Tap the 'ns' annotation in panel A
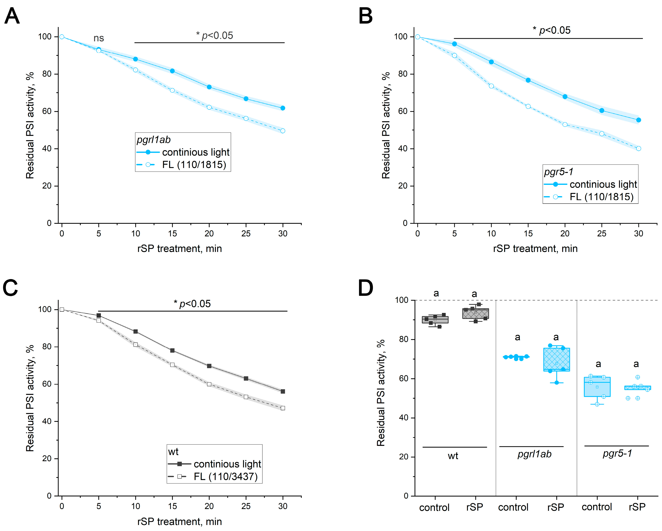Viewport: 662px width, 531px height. (x=99, y=38)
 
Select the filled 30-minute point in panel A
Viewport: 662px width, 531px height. (x=283, y=108)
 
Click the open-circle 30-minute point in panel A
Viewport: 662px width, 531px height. (x=283, y=131)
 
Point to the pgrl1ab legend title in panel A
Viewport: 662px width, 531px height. (x=154, y=140)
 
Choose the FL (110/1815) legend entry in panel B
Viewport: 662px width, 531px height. (x=601, y=197)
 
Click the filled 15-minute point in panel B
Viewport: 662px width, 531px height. (x=528, y=80)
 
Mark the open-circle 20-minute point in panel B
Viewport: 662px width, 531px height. (x=565, y=124)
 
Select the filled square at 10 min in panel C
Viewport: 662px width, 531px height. (x=136, y=331)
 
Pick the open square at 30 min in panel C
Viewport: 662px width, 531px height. (x=283, y=408)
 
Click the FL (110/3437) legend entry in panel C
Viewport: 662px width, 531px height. (x=225, y=477)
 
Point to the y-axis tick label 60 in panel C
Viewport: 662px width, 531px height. (x=47, y=384)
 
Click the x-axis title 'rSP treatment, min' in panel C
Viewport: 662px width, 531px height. (x=179, y=522)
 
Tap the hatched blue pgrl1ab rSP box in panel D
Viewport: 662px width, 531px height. (x=556, y=359)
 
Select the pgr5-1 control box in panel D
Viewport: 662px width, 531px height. (x=597, y=387)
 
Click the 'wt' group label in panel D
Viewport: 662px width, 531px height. (x=453, y=456)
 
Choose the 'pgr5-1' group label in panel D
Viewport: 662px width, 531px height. (x=617, y=453)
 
